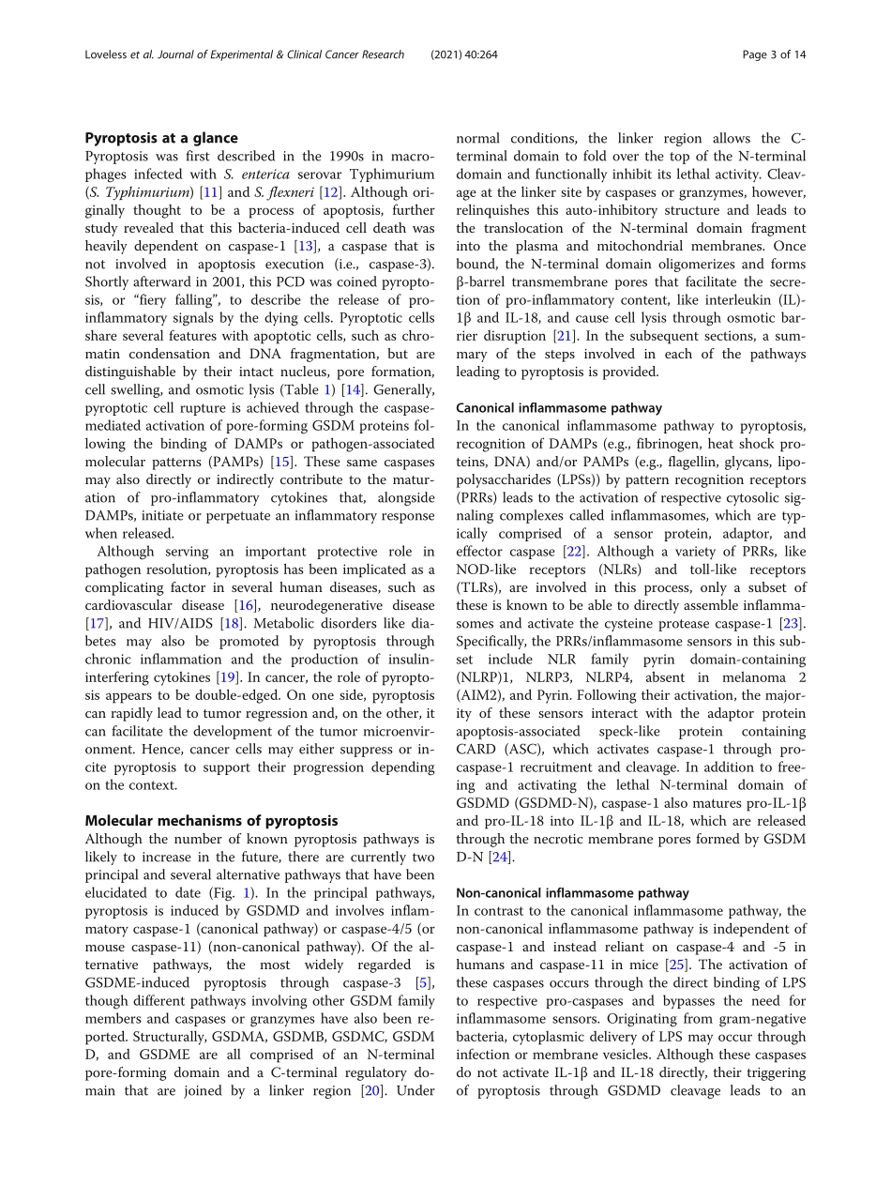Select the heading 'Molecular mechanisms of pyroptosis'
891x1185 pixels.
(x=211, y=820)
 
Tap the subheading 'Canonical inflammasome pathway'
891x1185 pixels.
(x=560, y=407)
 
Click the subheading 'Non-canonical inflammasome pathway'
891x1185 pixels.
(x=572, y=892)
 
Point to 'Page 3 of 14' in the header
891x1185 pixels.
(x=774, y=54)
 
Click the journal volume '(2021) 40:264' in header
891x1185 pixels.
(x=464, y=54)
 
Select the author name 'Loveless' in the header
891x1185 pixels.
(x=98, y=54)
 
